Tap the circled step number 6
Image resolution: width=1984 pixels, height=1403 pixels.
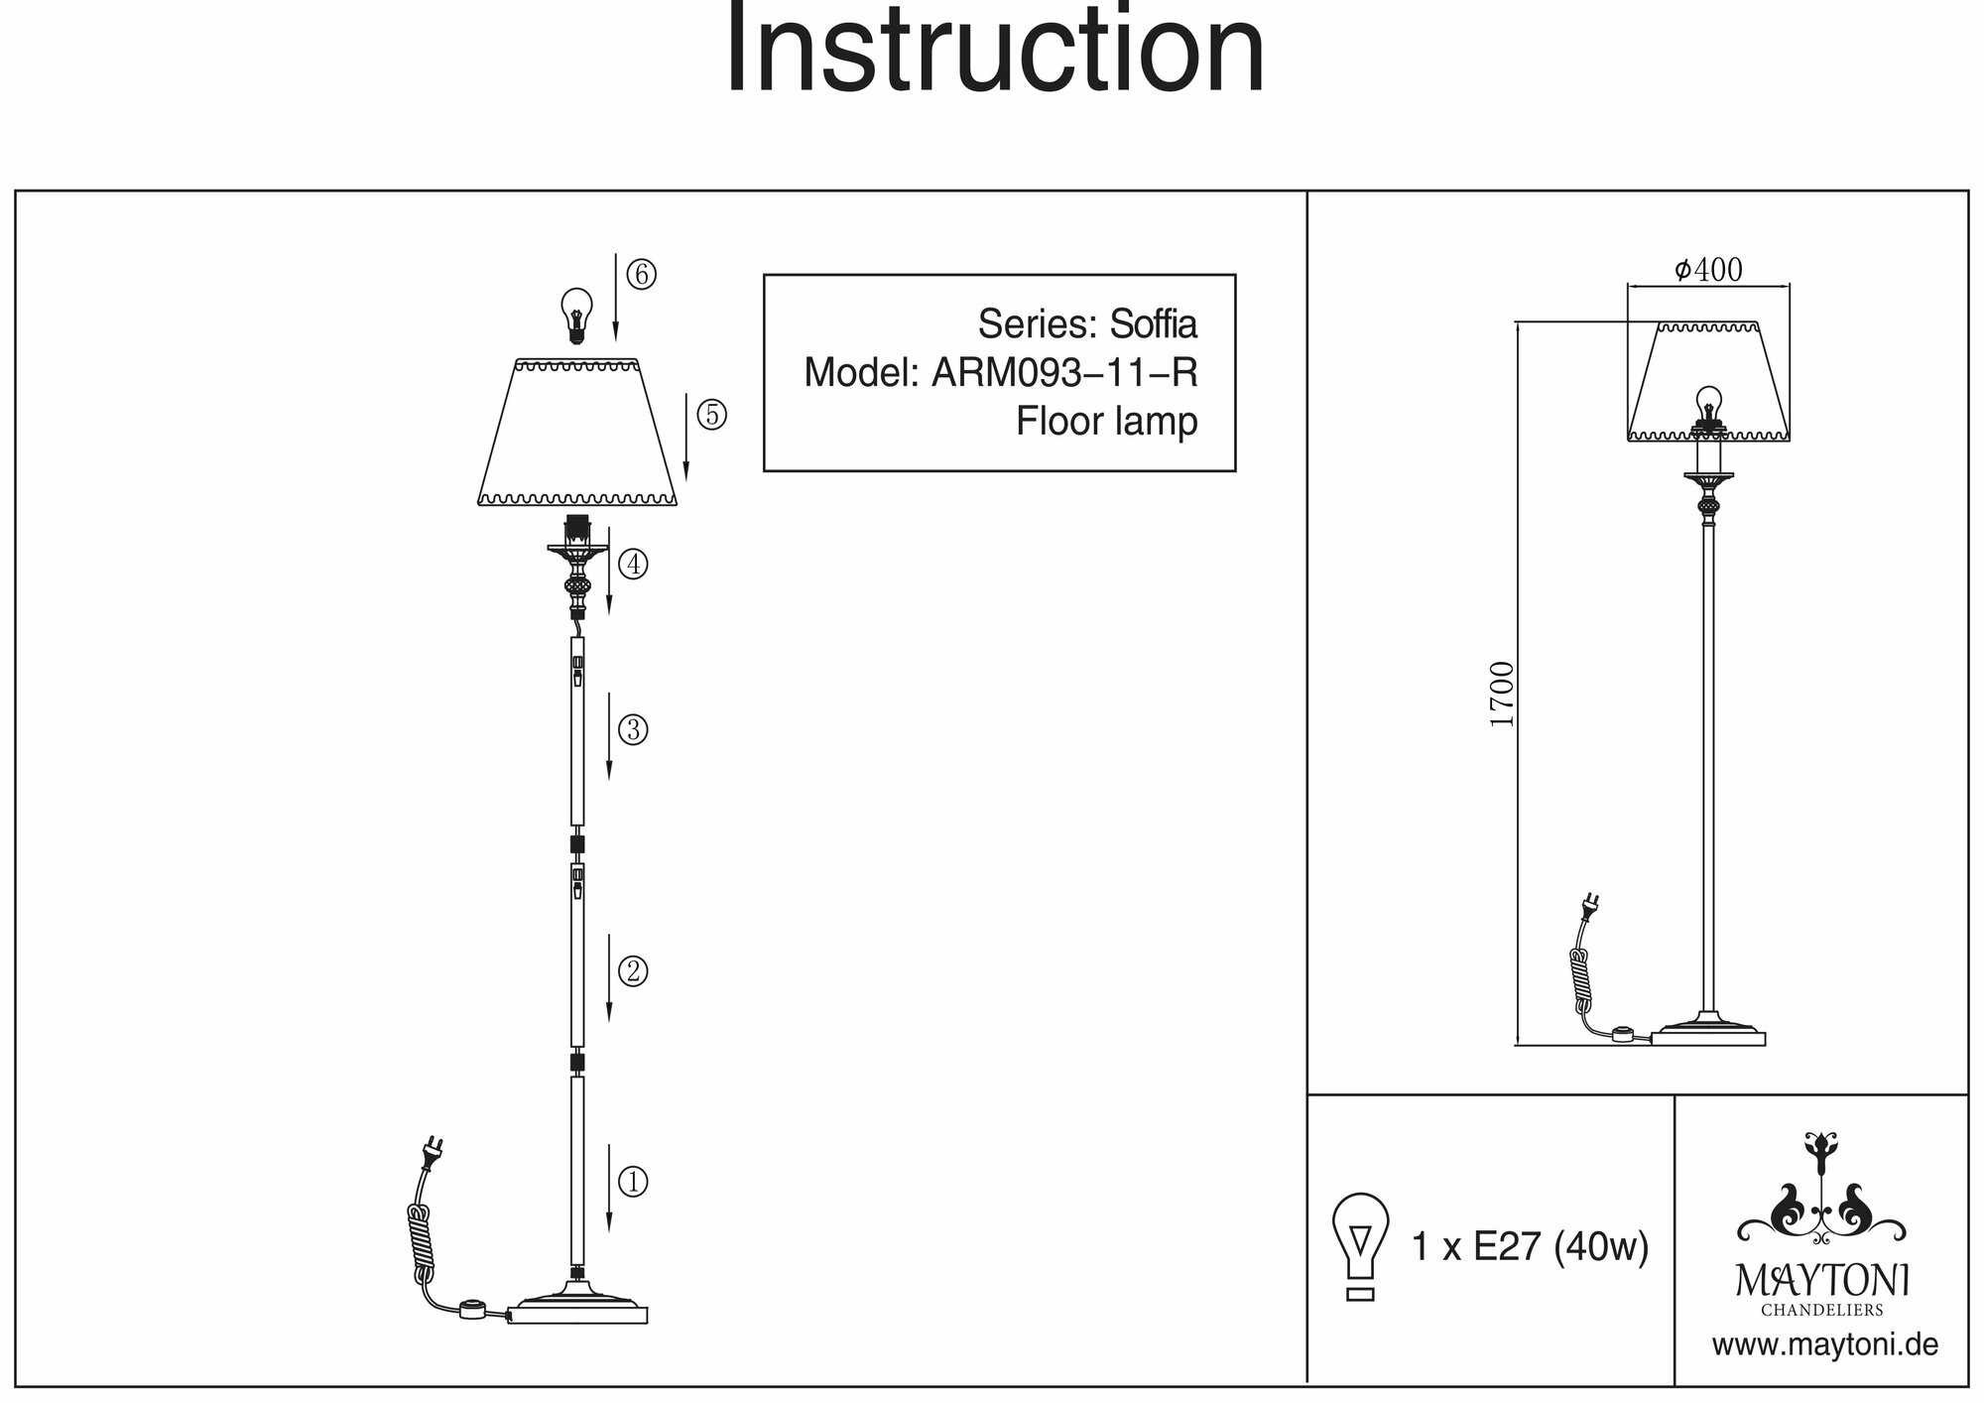(641, 274)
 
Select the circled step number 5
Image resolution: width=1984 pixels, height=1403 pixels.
(711, 415)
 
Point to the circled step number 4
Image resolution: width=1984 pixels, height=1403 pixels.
(633, 565)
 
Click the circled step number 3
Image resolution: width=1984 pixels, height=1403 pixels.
(633, 730)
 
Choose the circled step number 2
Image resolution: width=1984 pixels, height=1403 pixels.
(633, 970)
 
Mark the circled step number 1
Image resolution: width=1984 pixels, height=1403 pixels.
(633, 1182)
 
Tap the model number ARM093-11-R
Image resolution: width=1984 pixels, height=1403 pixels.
(1063, 373)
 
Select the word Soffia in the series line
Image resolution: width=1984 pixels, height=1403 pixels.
(1153, 324)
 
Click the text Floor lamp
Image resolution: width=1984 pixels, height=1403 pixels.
(1106, 422)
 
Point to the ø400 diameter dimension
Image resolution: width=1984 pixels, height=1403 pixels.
(1708, 270)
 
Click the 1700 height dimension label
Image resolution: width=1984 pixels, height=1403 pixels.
(1503, 694)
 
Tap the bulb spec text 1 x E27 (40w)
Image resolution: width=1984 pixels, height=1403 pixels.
(1530, 1247)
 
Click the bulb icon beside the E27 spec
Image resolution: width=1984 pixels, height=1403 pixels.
(1361, 1245)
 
